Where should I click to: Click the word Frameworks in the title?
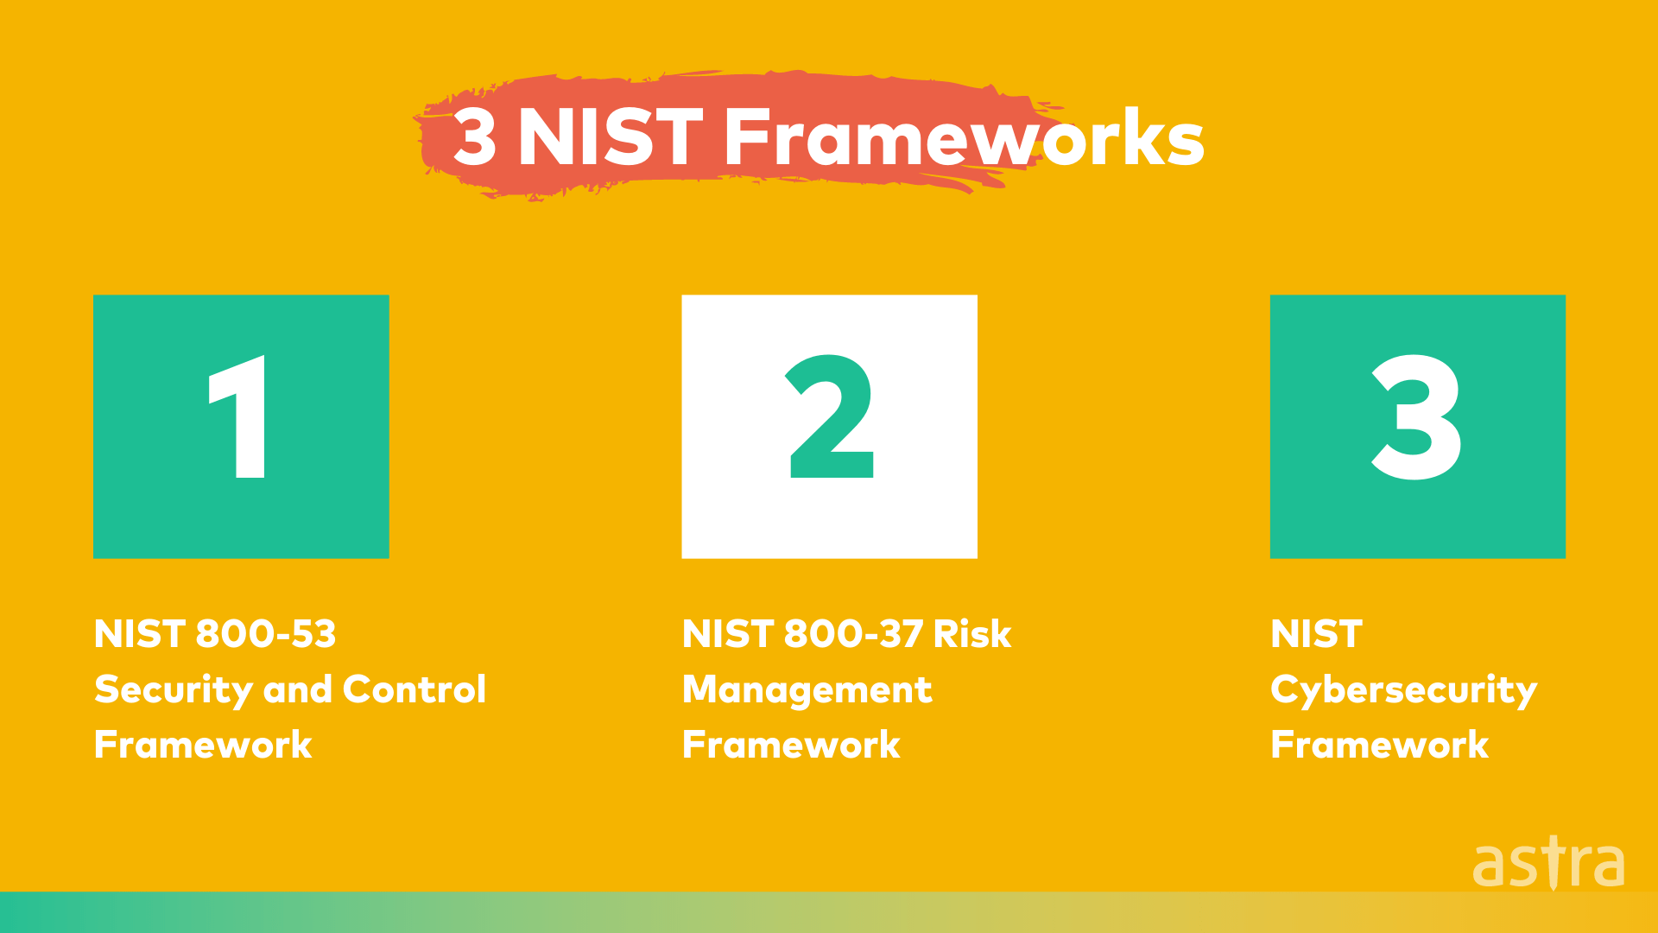click(x=964, y=137)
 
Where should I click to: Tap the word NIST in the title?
click(x=610, y=137)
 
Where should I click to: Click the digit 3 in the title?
click(x=475, y=137)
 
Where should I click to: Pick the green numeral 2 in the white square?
click(x=831, y=417)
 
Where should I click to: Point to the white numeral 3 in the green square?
click(x=1416, y=417)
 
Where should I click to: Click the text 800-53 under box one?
click(x=266, y=634)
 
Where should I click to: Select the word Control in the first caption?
click(x=414, y=689)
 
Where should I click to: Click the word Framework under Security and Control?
click(x=203, y=745)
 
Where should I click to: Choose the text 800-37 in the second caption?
click(x=853, y=634)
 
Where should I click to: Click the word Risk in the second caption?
click(x=971, y=634)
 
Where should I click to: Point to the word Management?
click(x=807, y=690)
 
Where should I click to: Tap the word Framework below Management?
click(x=791, y=745)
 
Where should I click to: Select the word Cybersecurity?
click(x=1403, y=690)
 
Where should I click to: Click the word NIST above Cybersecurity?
click(x=1316, y=634)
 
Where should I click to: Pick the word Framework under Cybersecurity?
click(x=1379, y=745)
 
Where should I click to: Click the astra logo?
click(x=1548, y=863)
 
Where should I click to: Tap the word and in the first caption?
click(x=297, y=689)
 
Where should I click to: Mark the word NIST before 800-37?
click(x=727, y=634)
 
